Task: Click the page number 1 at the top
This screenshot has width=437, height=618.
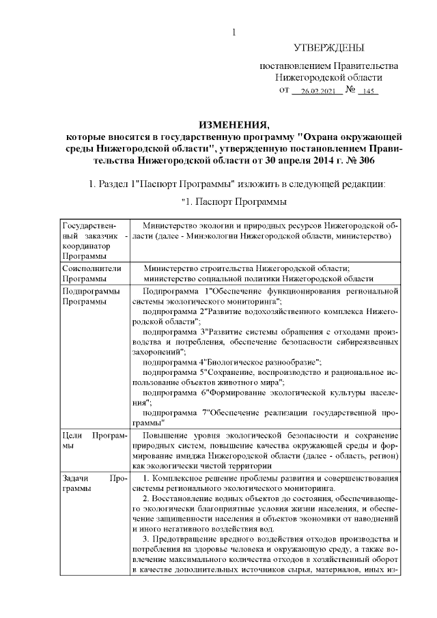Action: point(234,31)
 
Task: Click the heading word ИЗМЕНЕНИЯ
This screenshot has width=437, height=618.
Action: point(234,124)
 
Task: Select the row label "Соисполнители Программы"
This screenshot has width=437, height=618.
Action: point(85,274)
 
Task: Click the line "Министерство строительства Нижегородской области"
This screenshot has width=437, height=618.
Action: point(246,269)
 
